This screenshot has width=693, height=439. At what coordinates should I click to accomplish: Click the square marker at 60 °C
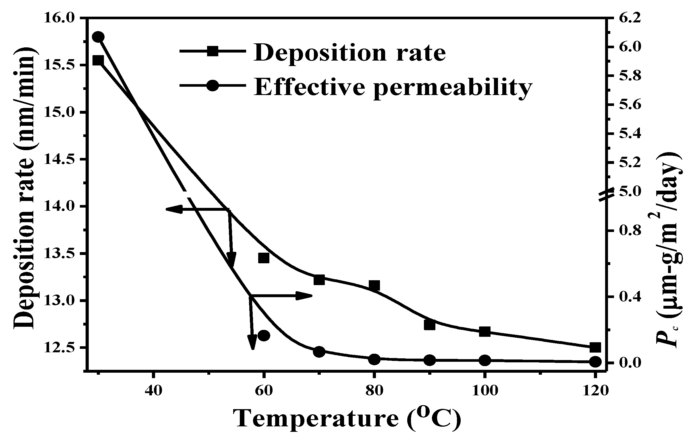coord(264,258)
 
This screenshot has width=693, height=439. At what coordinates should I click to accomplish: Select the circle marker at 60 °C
coord(264,335)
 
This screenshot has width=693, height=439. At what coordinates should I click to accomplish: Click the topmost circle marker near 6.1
coord(98,37)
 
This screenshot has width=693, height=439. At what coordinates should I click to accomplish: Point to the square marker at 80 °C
coord(374,286)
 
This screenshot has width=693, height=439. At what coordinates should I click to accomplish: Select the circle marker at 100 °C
coord(484,360)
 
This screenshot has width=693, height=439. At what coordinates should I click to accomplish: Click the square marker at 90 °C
coord(429,325)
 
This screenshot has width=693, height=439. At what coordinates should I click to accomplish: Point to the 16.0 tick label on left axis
coord(59,18)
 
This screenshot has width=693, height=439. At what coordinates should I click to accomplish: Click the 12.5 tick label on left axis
coord(59,348)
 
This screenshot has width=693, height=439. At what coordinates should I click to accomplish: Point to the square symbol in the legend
coord(213,51)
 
